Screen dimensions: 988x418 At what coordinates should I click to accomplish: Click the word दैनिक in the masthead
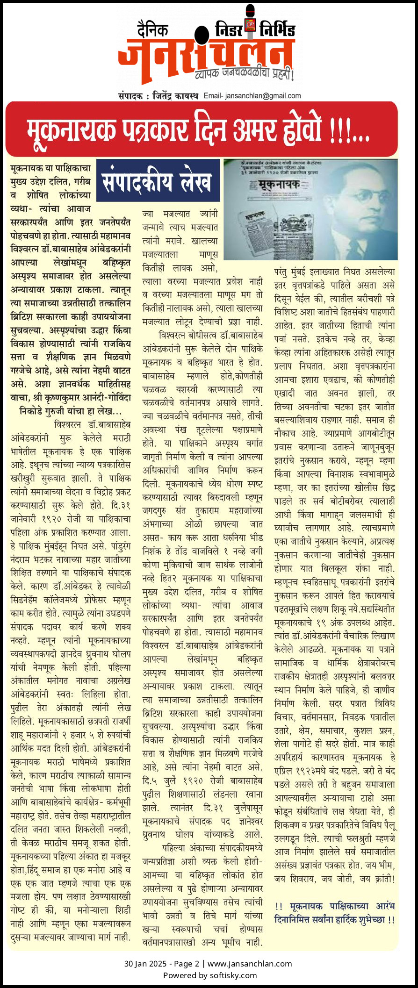coord(152,29)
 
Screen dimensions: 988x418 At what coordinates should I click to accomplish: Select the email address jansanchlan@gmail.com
coord(263,96)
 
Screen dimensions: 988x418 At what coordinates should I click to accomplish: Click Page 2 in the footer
coord(186,963)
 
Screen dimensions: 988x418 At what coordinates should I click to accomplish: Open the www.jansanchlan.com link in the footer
coord(250,963)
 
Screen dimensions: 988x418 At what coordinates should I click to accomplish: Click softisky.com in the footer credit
coord(233,975)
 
